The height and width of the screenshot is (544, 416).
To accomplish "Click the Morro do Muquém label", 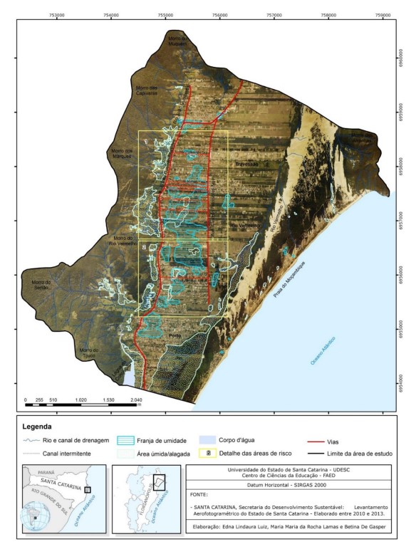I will point(177,40).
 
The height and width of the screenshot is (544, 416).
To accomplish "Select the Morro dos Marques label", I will point(120,153).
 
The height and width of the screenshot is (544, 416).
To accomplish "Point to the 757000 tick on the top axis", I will point(274,13).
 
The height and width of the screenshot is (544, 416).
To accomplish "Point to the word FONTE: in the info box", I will point(202,493).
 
